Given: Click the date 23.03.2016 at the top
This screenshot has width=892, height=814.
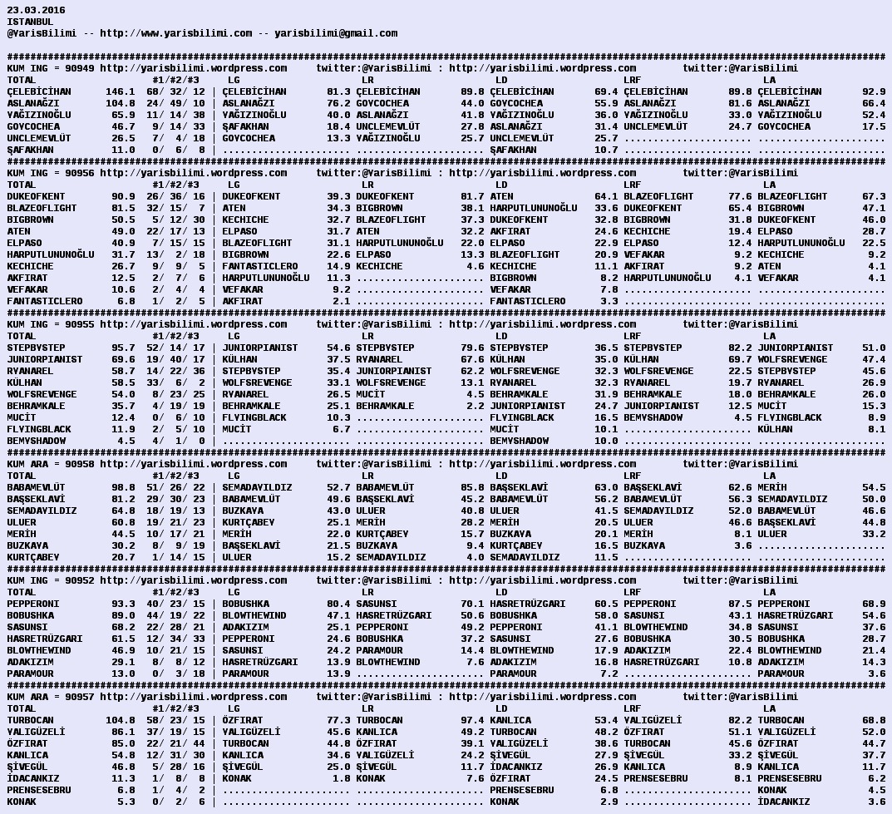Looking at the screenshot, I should click(36, 10).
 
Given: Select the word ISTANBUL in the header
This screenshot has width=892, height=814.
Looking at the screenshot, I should click(30, 22).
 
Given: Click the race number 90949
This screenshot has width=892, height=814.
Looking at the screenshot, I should click(79, 68).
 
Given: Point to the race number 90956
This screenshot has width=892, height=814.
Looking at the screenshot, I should click(79, 173).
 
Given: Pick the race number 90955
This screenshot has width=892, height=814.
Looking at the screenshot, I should click(79, 324).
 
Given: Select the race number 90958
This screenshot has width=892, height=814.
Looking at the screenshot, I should click(79, 464).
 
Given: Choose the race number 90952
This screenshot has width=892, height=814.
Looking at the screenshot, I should click(79, 580).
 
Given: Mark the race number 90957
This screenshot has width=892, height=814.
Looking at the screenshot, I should click(79, 697).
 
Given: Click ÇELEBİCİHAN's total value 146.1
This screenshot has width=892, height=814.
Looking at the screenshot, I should click(120, 91).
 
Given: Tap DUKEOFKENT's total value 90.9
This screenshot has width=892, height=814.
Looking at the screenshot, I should click(123, 196).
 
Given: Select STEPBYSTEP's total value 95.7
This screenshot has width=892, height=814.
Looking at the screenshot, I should click(123, 348).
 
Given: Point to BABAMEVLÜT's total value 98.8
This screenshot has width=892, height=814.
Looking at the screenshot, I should click(123, 487).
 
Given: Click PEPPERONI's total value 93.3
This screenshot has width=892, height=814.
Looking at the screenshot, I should click(123, 604).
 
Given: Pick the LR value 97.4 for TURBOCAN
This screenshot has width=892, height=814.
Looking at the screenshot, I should click(472, 720).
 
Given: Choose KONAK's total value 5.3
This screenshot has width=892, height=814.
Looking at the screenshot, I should click(126, 802).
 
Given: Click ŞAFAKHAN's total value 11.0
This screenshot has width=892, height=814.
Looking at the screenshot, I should click(123, 150).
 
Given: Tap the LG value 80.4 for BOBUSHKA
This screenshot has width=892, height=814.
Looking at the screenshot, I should click(338, 604).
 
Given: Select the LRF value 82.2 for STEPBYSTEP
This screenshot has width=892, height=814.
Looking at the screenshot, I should click(740, 348).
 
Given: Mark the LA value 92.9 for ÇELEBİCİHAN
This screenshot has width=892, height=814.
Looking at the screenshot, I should click(874, 91).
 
